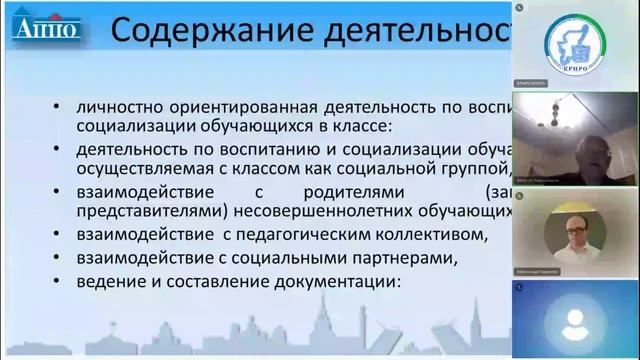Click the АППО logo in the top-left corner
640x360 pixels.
[x=45, y=27]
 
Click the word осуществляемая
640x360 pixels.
[x=129, y=166]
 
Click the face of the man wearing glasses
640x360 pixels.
[x=573, y=228]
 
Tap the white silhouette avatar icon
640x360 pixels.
[x=575, y=322]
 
